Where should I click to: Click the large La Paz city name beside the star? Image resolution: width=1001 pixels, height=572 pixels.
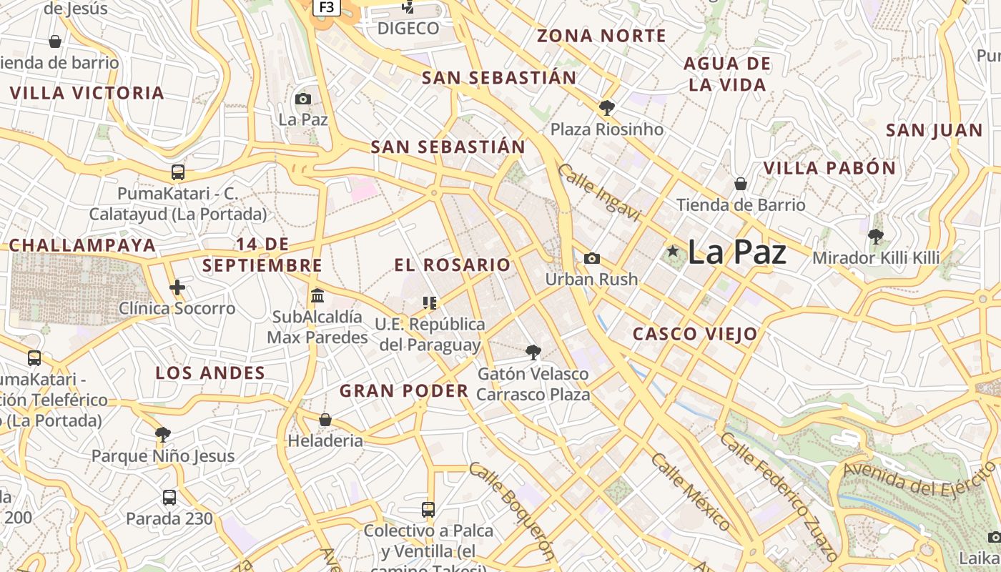click(x=736, y=252)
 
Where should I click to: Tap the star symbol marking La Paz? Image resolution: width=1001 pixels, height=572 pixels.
click(x=672, y=251)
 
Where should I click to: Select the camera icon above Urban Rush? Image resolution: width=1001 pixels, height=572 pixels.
click(x=592, y=258)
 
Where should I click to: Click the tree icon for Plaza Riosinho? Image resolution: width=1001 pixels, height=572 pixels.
click(x=607, y=108)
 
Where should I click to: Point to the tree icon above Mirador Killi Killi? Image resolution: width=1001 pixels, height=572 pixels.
click(x=875, y=236)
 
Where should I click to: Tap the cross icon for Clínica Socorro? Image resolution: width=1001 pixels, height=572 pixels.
click(x=177, y=287)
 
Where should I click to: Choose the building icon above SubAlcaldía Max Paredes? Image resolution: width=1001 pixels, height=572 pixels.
click(x=317, y=295)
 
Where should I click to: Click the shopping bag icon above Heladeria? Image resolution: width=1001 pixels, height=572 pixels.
click(x=325, y=420)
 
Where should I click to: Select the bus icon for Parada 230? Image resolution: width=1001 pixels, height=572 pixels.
click(x=169, y=498)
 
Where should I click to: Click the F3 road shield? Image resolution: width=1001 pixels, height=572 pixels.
click(x=326, y=7)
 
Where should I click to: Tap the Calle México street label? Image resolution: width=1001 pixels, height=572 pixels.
click(x=690, y=490)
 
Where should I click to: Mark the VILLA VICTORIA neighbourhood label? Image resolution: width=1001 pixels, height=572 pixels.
click(x=87, y=93)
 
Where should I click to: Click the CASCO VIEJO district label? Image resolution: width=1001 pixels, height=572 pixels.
click(x=695, y=334)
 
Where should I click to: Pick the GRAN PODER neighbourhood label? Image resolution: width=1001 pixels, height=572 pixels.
click(x=404, y=391)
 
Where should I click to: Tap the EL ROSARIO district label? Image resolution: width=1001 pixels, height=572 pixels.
click(x=453, y=265)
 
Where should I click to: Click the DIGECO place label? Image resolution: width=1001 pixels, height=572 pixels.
click(x=408, y=29)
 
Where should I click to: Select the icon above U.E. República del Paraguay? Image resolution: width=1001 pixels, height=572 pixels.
click(x=429, y=303)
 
